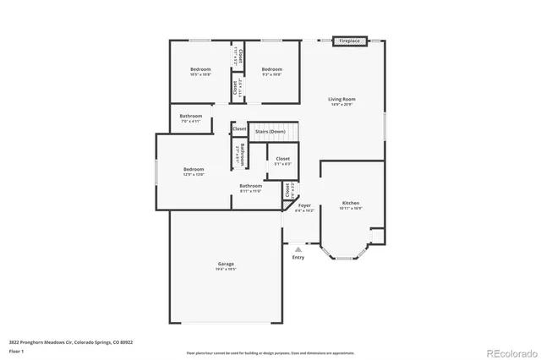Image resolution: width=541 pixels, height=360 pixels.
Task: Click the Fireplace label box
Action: click(349, 41)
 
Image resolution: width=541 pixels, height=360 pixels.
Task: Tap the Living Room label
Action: click(342, 99)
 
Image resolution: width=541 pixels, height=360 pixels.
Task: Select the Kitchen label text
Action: click(351, 203)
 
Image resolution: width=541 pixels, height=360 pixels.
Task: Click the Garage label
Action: click(225, 264)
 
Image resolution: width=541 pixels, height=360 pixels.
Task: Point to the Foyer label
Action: click(304, 205)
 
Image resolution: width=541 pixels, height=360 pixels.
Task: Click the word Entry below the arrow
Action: click(298, 258)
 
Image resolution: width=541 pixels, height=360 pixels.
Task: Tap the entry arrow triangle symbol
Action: click(297, 249)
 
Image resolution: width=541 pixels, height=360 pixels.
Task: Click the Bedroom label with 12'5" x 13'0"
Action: click(194, 169)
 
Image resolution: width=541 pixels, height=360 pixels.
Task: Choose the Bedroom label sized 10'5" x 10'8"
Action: click(200, 68)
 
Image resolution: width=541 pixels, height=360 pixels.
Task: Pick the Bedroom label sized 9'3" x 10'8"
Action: click(270, 68)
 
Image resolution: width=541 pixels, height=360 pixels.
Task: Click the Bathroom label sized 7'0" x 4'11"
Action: click(191, 116)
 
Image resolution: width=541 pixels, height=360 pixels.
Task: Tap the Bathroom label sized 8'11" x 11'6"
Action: click(250, 185)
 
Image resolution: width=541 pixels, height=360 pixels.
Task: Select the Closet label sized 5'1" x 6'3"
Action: click(282, 158)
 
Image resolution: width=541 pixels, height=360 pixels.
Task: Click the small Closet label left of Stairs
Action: click(240, 128)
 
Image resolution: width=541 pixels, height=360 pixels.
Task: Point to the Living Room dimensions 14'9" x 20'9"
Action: click(342, 105)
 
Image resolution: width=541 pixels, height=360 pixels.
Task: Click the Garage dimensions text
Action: click(225, 270)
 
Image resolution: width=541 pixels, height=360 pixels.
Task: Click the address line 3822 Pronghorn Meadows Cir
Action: click(71, 342)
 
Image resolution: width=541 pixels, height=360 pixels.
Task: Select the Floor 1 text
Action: click(16, 350)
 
